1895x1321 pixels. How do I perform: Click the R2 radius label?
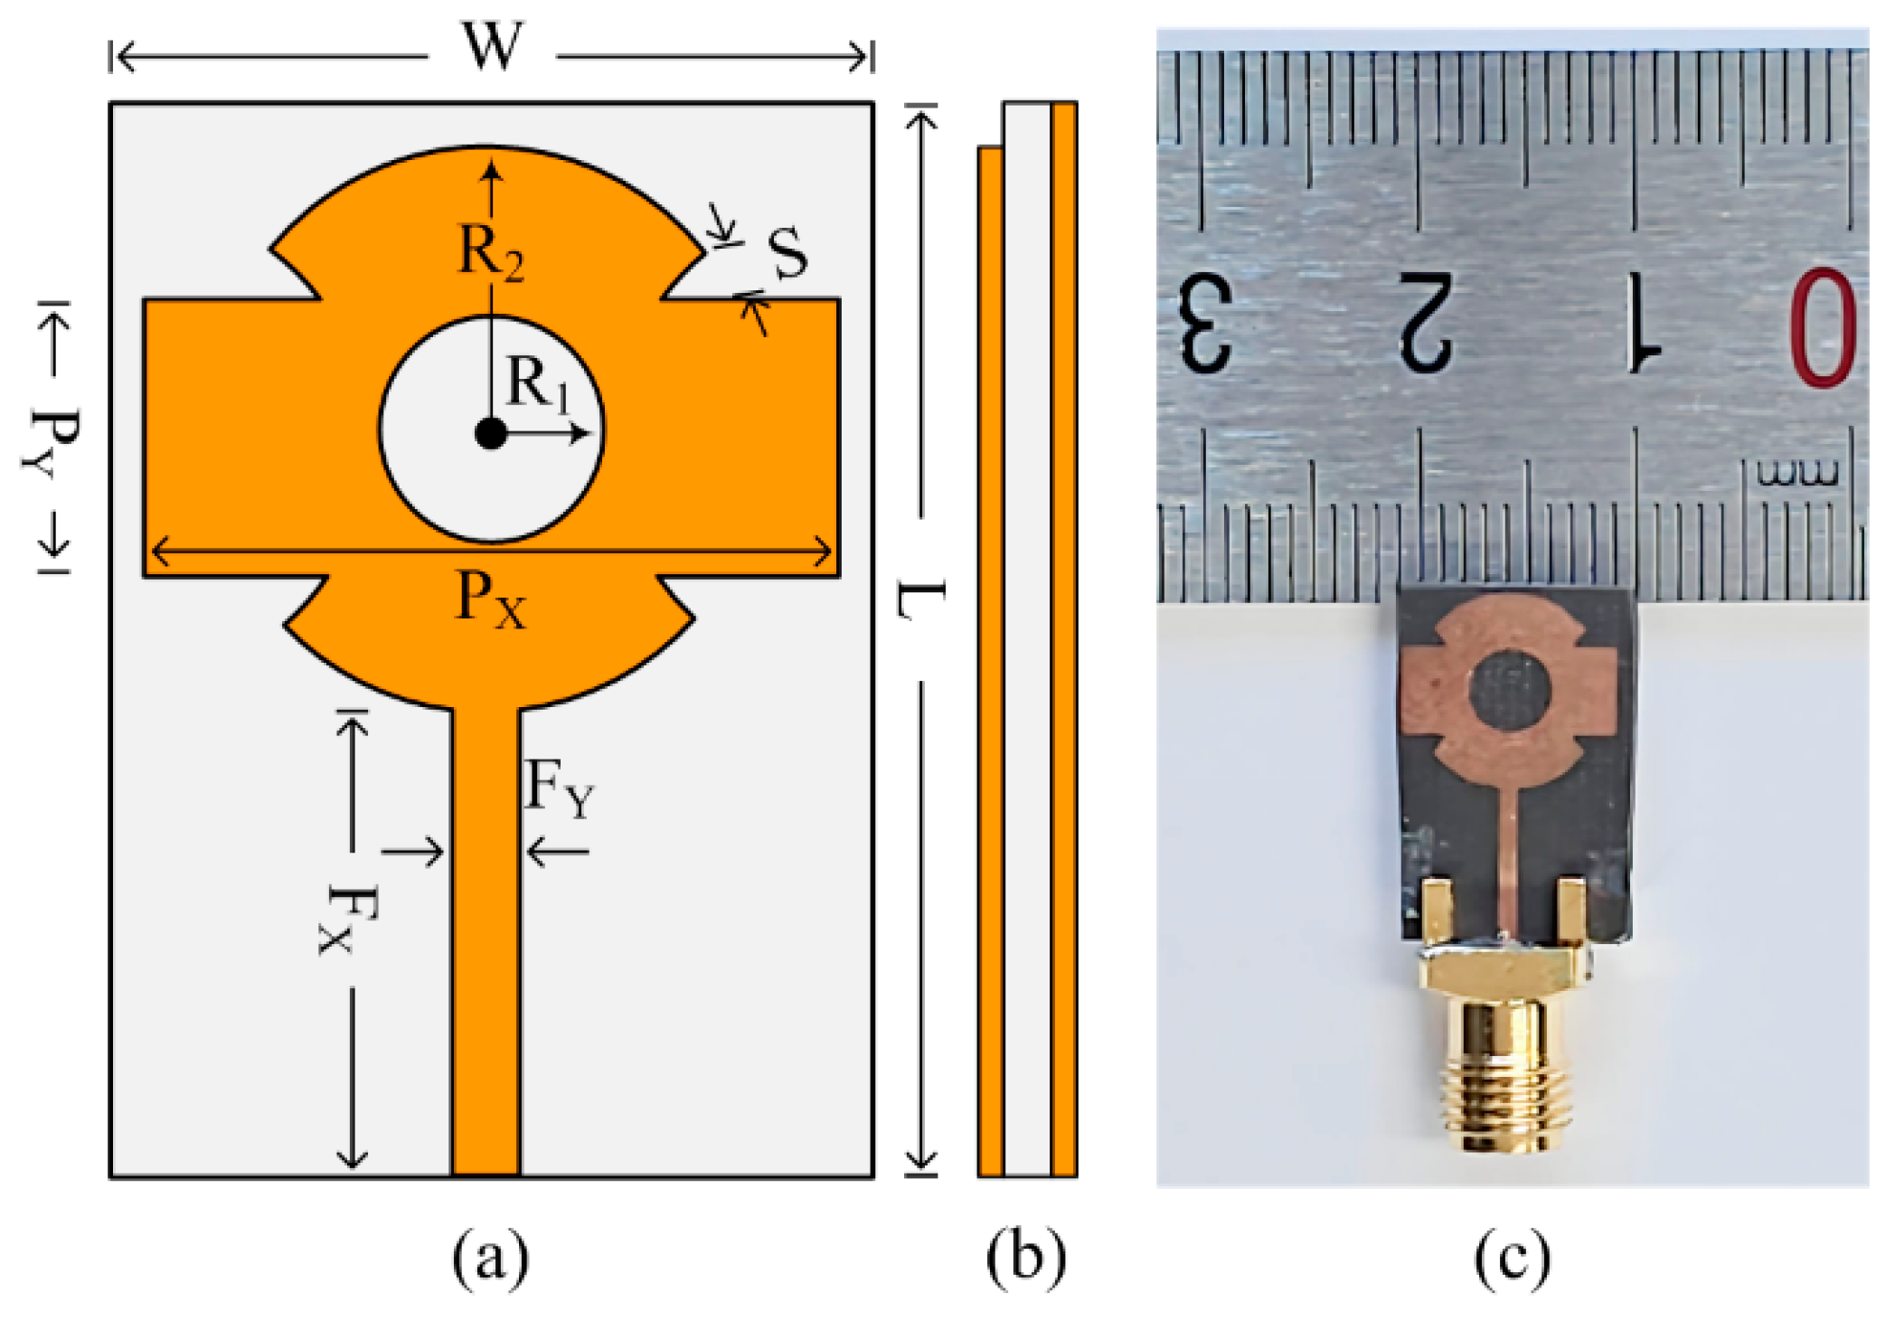tap(491, 253)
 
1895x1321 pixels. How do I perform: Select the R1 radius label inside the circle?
tap(539, 384)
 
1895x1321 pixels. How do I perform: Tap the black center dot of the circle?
tap(491, 434)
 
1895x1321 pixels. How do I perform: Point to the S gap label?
tap(787, 254)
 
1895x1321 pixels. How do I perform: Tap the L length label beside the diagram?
tap(921, 601)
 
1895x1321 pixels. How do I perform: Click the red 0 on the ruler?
tap(1821, 327)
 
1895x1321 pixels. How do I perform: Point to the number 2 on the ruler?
tap(1426, 324)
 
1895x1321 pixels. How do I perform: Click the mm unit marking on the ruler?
tap(1797, 474)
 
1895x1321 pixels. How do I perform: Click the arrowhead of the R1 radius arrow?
tap(582, 434)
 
